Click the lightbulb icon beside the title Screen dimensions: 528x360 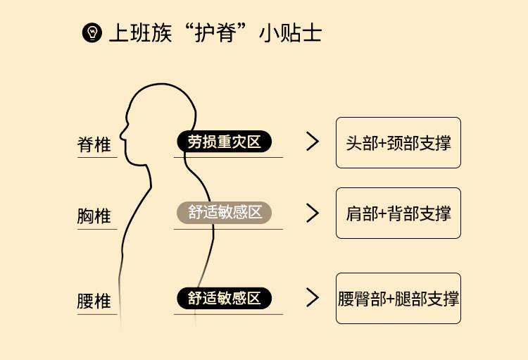tap(92, 33)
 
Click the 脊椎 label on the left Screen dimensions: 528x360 tap(94, 145)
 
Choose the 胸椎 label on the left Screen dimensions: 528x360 tap(94, 216)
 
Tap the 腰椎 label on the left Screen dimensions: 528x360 tap(94, 302)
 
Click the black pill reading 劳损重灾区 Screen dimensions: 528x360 tap(224, 142)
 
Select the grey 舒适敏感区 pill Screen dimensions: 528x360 tap(224, 213)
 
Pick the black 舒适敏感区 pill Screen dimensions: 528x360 tap(224, 299)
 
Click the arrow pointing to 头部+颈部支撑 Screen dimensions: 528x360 tap(313, 142)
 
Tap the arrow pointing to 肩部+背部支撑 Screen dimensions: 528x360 tap(313, 213)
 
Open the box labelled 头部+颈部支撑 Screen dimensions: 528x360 tap(398, 142)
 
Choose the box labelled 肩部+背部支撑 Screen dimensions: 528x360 tap(398, 213)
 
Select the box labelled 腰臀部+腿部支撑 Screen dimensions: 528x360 tap(398, 298)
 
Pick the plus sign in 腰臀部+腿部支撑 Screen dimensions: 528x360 tap(392, 299)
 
